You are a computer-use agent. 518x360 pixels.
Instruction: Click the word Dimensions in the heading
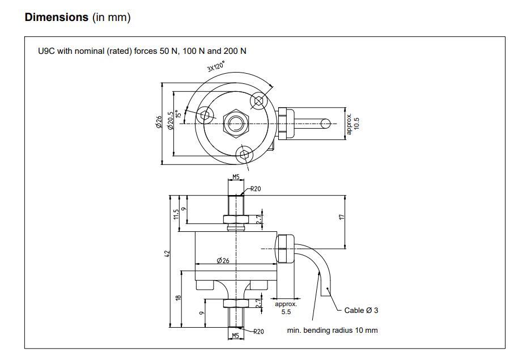57,17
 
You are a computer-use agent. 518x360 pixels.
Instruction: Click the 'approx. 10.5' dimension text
353,124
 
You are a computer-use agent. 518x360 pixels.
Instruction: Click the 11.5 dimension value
176,214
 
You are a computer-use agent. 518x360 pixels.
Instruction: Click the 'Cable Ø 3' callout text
361,310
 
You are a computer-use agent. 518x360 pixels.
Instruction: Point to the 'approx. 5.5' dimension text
286,308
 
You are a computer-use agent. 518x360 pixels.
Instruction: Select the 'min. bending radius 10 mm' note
333,330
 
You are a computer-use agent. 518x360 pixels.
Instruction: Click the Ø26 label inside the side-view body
223,261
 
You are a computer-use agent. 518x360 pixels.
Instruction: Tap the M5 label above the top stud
237,177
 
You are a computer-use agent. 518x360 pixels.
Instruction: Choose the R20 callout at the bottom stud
258,332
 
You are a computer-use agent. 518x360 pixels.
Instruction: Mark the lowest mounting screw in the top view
244,153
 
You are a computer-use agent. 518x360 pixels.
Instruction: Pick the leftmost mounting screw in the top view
206,115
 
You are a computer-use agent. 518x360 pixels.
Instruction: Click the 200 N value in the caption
235,51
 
